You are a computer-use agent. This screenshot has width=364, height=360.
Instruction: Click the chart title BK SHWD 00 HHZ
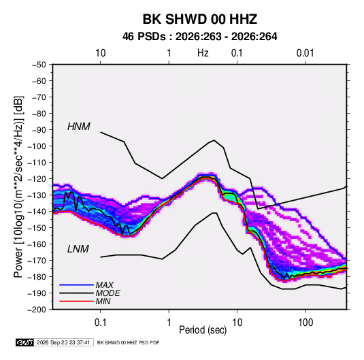199,19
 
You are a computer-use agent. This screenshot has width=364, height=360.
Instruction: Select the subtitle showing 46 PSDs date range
199,37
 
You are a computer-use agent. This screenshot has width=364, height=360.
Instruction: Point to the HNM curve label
79,127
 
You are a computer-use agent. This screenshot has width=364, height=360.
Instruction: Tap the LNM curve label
78,249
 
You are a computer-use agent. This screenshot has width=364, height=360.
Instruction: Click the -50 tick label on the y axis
39,65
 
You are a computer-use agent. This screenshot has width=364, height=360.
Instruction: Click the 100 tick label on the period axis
305,323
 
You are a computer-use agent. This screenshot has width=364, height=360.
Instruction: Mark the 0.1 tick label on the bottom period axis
100,323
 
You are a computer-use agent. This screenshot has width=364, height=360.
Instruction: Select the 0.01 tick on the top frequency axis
305,53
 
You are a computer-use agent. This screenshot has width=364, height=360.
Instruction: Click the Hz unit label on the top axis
203,53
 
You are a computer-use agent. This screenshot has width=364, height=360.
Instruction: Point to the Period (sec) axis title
203,330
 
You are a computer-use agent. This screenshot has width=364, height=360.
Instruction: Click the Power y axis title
18,186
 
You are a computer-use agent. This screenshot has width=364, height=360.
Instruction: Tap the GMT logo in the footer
25,342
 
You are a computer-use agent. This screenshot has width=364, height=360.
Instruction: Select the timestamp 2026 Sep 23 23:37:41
63,342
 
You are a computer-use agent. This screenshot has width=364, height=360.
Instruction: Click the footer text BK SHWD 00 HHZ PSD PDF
128,342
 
